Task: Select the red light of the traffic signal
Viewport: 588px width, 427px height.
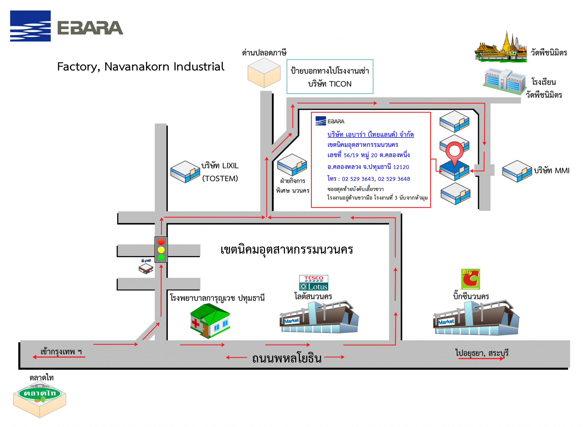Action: pos(161,241)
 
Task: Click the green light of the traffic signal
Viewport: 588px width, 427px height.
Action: pos(161,257)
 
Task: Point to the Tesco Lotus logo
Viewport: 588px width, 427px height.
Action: pos(314,283)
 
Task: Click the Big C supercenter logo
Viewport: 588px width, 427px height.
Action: pos(470,279)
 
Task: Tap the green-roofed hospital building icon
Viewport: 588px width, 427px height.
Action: pos(210,321)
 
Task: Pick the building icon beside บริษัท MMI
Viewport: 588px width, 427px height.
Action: pos(517,171)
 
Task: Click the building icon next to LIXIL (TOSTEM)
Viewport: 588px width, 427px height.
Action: pos(185,172)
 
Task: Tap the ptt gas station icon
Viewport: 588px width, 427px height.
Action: pos(146,266)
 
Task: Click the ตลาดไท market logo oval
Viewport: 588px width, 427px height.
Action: pos(40,393)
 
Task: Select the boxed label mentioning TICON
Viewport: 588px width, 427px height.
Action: pos(330,77)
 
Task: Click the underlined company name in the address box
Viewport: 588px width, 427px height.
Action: pos(370,134)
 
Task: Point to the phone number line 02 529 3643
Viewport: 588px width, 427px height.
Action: pos(369,179)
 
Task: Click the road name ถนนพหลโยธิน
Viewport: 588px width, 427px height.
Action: pos(287,358)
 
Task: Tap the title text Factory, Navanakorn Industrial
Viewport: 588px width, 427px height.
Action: pos(140,67)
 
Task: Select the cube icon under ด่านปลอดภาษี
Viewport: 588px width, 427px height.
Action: pos(264,73)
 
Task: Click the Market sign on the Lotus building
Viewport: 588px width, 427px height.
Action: pos(291,321)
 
